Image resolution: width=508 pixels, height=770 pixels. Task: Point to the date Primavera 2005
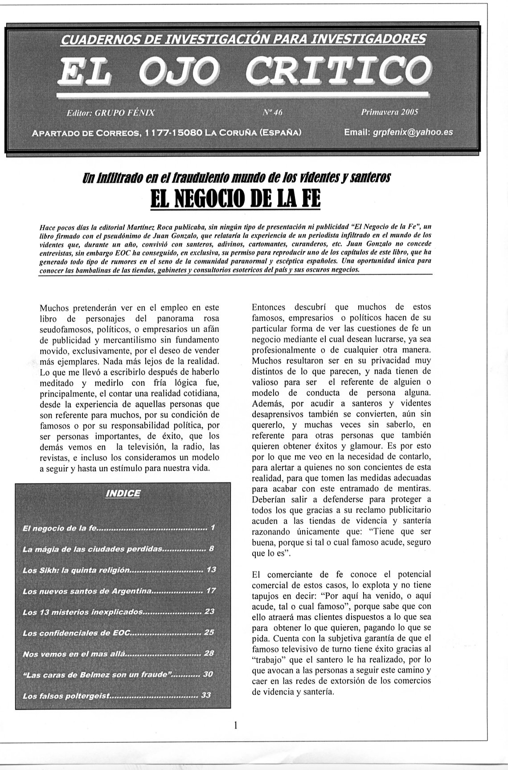click(391, 111)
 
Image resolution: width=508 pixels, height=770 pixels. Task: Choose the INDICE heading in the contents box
click(122, 493)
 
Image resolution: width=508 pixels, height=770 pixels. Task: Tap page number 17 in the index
click(211, 591)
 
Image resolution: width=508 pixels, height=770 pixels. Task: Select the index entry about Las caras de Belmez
click(97, 674)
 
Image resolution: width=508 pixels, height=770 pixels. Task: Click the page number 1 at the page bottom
click(235, 725)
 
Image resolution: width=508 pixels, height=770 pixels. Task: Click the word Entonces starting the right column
click(269, 308)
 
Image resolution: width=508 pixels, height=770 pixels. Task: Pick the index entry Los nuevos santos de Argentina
click(87, 591)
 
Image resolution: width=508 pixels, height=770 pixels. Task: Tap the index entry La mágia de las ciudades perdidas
click(93, 549)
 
